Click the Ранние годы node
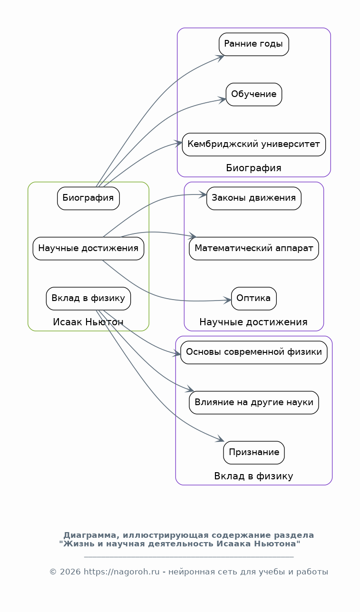pyautogui.click(x=253, y=44)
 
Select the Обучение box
pyautogui.click(x=253, y=94)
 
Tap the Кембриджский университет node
pyautogui.click(x=253, y=144)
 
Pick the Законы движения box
pyautogui.click(x=253, y=198)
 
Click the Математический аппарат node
pyautogui.click(x=253, y=248)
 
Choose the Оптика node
pyautogui.click(x=253, y=298)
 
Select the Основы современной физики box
pyautogui.click(x=253, y=352)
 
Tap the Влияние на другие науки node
pyautogui.click(x=253, y=402)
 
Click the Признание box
pyautogui.click(x=253, y=452)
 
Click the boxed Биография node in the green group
pyautogui.click(x=88, y=198)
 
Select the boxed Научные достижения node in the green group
pyautogui.click(x=88, y=248)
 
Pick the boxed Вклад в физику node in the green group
pyautogui.click(x=88, y=298)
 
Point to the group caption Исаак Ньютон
pyautogui.click(x=88, y=322)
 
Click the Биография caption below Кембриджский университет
pyautogui.click(x=253, y=168)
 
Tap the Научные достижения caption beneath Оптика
pyautogui.click(x=253, y=322)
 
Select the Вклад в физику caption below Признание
pyautogui.click(x=253, y=476)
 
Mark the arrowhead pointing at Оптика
pyautogui.click(x=227, y=300)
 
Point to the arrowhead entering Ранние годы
pyautogui.click(x=220, y=58)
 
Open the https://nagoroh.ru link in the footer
pyautogui.click(x=122, y=572)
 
